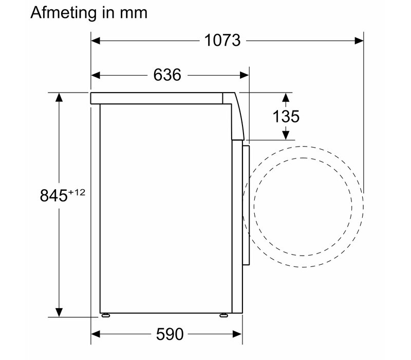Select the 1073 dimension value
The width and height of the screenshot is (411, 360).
pos(222,41)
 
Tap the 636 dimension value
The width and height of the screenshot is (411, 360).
pos(167,75)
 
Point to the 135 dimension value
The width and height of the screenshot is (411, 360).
pos(286,116)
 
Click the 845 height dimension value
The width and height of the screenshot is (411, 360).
pos(54,196)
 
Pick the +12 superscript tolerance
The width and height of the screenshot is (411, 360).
pos(77,192)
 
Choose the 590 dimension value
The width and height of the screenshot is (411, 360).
pos(170,334)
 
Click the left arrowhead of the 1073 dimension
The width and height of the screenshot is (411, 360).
pos(96,41)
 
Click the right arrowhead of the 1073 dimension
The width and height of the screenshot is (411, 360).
pos(359,41)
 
